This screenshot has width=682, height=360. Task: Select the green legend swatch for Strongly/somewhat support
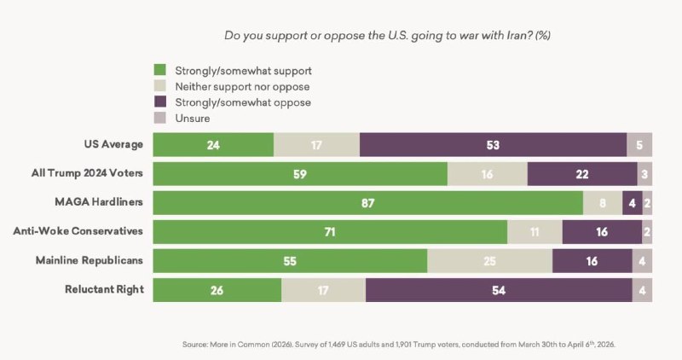point(159,70)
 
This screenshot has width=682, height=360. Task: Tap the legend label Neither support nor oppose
point(241,86)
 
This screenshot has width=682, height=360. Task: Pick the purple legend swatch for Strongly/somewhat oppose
point(159,102)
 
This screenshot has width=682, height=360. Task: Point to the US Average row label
point(113,145)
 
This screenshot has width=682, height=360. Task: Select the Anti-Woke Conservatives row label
point(78,232)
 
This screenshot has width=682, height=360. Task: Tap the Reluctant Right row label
point(104,290)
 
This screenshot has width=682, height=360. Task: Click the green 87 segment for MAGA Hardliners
point(367,203)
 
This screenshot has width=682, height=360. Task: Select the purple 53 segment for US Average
point(493,145)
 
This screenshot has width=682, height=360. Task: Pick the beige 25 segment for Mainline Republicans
point(489,261)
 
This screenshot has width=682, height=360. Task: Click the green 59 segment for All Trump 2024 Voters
point(300,174)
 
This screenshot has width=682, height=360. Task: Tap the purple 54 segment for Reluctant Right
point(499,290)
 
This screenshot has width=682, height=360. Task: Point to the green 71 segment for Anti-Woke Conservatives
point(330,232)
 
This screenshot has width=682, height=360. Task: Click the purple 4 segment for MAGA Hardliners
point(632,203)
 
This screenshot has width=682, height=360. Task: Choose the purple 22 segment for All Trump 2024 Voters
point(582,174)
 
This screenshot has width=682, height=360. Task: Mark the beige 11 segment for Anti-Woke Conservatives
point(535,232)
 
